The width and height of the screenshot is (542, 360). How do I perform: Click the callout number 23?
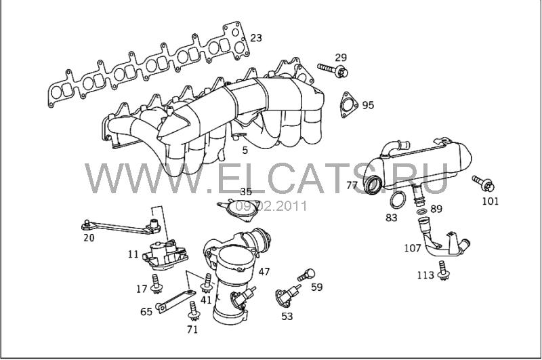[x=256, y=38]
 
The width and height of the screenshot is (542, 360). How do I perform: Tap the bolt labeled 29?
[x=333, y=70]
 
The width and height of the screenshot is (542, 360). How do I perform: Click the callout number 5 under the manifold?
[x=245, y=150]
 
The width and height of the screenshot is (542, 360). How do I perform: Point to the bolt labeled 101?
[x=484, y=183]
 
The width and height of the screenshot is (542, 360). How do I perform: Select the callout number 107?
[x=413, y=248]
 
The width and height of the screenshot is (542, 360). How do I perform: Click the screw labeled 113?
[x=442, y=271]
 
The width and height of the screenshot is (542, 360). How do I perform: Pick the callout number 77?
[x=352, y=186]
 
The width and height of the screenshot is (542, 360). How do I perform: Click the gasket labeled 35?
[x=239, y=211]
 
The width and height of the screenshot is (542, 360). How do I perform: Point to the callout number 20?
[x=89, y=238]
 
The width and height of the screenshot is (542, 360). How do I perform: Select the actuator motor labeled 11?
[x=165, y=255]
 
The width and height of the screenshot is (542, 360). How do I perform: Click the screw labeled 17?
[x=157, y=284]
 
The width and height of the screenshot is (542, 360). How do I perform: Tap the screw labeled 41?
[x=207, y=283]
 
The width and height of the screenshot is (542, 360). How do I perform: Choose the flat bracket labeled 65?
[x=175, y=301]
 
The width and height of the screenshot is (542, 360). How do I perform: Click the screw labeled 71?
[x=194, y=311]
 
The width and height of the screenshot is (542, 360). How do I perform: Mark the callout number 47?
[x=264, y=271]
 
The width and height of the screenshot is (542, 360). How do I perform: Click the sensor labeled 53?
[x=287, y=295]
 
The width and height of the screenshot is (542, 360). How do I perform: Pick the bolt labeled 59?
[x=307, y=275]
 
